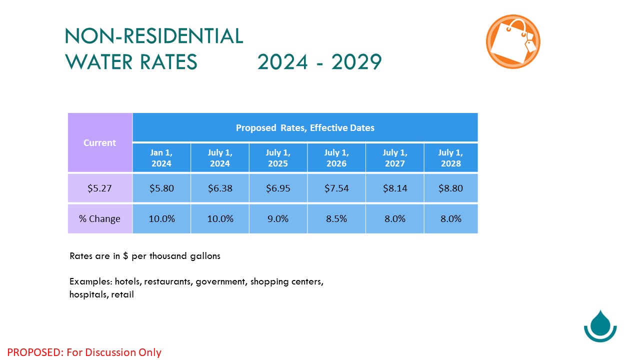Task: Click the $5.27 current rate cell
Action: click(x=100, y=188)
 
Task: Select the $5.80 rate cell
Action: click(x=161, y=188)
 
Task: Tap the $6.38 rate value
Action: click(x=220, y=188)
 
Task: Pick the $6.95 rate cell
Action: click(x=278, y=188)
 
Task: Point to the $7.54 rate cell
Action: click(x=336, y=188)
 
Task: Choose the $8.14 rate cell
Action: click(x=395, y=188)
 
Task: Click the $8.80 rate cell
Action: click(x=451, y=188)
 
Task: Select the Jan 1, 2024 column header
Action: click(x=161, y=157)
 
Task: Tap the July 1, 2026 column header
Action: click(x=336, y=157)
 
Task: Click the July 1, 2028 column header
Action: click(x=451, y=157)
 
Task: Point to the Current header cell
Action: click(x=100, y=142)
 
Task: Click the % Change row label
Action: click(x=100, y=219)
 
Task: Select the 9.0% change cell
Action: click(x=278, y=219)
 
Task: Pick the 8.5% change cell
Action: click(x=336, y=219)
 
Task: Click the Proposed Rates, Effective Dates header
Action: click(x=305, y=127)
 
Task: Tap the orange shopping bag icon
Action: click(x=513, y=41)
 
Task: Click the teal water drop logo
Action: click(x=600, y=326)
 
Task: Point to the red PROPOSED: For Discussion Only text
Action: click(x=84, y=352)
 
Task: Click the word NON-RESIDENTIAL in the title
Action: click(x=154, y=36)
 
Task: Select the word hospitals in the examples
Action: click(x=89, y=294)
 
